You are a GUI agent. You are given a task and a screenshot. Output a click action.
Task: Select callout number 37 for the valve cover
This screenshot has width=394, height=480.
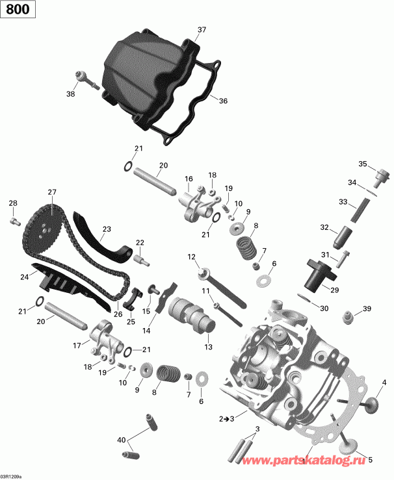tap(202, 30)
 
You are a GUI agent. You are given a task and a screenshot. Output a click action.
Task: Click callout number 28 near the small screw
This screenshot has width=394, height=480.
tap(12, 205)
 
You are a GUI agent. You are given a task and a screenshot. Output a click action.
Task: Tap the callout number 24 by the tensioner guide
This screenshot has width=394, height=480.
tap(24, 277)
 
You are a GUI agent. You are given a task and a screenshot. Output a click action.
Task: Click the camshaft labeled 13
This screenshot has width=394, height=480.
tap(189, 318)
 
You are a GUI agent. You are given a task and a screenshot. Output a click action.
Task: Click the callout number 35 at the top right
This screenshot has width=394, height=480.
tap(363, 163)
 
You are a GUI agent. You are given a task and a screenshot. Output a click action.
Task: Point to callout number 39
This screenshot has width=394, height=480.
tap(367, 308)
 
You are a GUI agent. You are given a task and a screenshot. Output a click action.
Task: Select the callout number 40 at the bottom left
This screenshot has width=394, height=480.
tap(120, 440)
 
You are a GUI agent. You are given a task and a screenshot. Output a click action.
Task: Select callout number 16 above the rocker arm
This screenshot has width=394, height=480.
tap(189, 179)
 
